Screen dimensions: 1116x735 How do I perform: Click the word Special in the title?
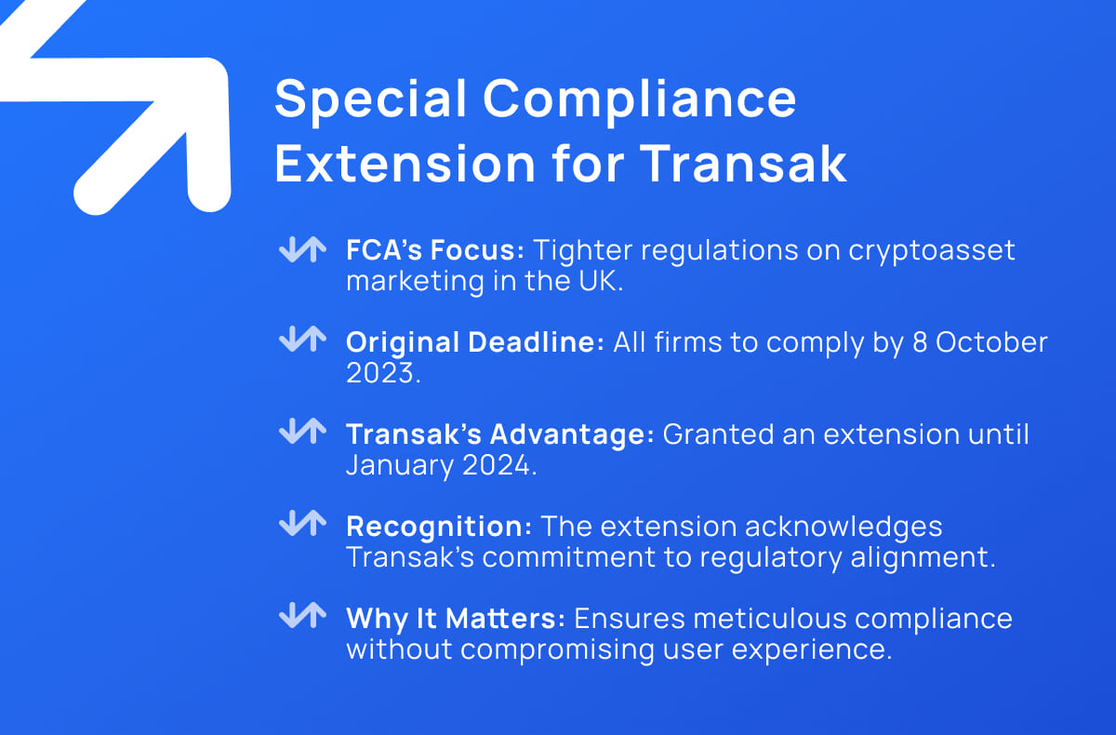point(370,100)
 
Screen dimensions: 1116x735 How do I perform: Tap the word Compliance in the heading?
point(640,100)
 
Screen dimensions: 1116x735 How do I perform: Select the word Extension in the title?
point(405,165)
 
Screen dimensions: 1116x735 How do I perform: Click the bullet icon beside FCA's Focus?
point(303,249)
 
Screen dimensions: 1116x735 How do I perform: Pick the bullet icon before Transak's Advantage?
point(303,431)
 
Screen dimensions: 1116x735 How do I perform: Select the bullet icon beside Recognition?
point(303,523)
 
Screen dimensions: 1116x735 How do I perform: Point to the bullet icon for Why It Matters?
point(303,615)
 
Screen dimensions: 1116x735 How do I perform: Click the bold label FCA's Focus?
point(435,249)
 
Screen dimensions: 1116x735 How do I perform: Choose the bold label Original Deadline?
point(475,342)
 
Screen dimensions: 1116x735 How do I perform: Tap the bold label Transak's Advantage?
point(500,434)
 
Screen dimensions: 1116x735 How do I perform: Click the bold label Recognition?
point(439,527)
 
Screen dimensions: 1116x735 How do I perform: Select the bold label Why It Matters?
point(456,619)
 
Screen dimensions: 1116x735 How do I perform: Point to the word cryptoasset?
point(932,250)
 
